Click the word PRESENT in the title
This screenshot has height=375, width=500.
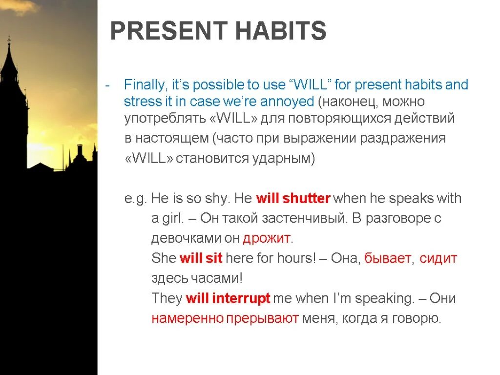(x=169, y=31)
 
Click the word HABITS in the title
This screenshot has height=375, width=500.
(x=281, y=31)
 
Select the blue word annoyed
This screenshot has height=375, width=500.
(x=287, y=102)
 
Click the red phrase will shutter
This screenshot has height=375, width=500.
(x=293, y=198)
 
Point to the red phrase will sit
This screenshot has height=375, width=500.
(x=201, y=258)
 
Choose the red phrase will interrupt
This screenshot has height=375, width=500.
(x=228, y=298)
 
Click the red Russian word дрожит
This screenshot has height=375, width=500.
(x=267, y=238)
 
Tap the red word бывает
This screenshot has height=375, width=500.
(x=387, y=258)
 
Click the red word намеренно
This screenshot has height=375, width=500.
(x=187, y=318)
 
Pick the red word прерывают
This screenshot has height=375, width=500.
(x=262, y=318)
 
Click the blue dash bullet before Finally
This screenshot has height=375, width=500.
(x=107, y=86)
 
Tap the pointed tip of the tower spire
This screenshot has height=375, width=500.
(x=9, y=36)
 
